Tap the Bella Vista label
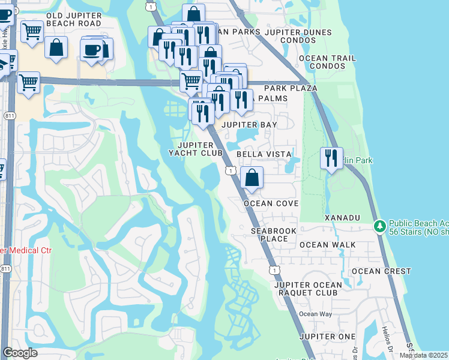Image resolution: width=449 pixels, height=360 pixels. (x=264, y=154)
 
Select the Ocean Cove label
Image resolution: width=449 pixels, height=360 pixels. (x=271, y=203)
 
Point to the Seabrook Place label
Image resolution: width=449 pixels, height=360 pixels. (x=270, y=235)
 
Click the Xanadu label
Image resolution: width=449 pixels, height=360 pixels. (x=342, y=217)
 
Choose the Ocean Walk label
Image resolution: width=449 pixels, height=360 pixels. (x=328, y=245)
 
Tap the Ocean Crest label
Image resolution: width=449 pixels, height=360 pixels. (x=381, y=271)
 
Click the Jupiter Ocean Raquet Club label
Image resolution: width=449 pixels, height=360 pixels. (x=308, y=289)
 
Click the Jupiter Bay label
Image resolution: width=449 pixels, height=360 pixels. (x=250, y=125)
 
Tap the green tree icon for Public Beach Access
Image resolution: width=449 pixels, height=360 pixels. (x=379, y=227)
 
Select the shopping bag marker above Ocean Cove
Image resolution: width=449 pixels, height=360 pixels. (x=252, y=178)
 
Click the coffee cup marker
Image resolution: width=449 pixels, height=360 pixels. (x=92, y=50)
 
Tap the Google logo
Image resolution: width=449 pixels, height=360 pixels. (x=20, y=353)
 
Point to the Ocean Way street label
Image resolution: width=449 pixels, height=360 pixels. (x=316, y=314)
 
